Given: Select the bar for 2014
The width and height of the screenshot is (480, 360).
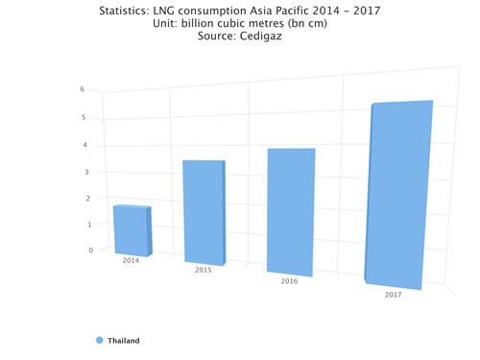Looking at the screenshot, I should click(x=132, y=230).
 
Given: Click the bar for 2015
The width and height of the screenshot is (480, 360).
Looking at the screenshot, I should click(x=204, y=211).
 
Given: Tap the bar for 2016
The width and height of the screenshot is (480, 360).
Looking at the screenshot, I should click(x=291, y=212).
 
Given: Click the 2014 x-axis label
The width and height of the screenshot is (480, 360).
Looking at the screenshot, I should click(x=131, y=260).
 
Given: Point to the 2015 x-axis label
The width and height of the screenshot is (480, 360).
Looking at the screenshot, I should click(x=204, y=271).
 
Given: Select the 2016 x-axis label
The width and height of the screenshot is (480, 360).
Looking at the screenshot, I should click(x=289, y=282).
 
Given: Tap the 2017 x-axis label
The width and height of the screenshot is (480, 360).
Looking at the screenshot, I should click(x=393, y=295).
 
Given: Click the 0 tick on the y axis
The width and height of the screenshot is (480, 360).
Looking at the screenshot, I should click(x=91, y=251).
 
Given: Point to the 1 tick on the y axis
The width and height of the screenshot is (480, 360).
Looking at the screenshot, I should click(x=90, y=225).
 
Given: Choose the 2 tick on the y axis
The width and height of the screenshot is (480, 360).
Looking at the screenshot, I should click(x=89, y=199).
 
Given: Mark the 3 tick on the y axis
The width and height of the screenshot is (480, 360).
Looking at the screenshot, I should click(x=87, y=173).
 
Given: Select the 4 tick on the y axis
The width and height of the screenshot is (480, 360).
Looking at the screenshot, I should click(x=86, y=146).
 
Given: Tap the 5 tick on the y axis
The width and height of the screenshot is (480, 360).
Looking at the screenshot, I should click(x=84, y=118).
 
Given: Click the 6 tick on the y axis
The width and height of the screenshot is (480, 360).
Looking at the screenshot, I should click(x=83, y=89).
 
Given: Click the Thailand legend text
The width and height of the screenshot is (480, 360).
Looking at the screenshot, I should click(x=124, y=341).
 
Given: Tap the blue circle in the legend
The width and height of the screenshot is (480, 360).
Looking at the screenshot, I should click(x=100, y=341).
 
